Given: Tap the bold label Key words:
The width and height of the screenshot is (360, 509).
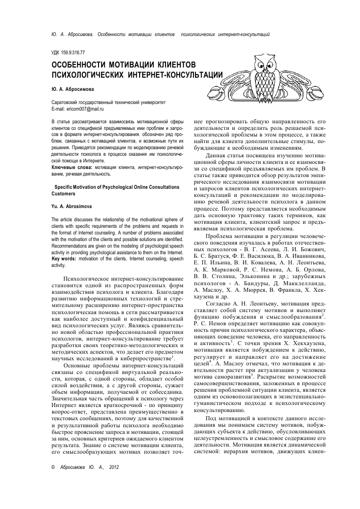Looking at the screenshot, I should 64,258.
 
